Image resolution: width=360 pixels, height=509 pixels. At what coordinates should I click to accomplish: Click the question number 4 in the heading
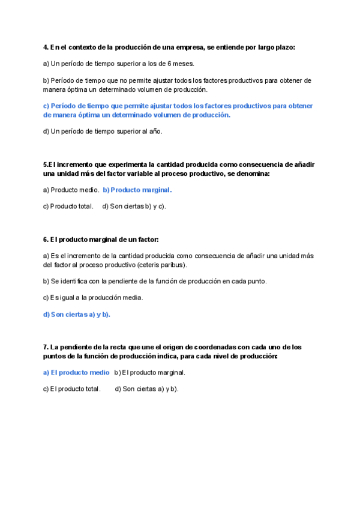point(46,47)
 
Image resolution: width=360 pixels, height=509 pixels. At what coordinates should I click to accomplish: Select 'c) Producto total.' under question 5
point(68,206)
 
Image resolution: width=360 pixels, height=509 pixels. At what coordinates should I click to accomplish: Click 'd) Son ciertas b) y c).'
point(134,206)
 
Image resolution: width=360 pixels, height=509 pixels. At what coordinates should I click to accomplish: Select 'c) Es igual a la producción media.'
point(93,297)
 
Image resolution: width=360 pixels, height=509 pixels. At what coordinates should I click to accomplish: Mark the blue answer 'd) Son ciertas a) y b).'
point(77,314)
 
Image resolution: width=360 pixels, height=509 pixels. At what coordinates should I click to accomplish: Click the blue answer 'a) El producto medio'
point(76,372)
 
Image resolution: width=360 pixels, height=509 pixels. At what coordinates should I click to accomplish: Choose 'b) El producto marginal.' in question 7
point(149,372)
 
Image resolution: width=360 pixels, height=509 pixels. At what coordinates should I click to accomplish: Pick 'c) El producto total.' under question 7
point(71,388)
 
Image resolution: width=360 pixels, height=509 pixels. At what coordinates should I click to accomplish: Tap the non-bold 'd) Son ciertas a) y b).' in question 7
point(146,388)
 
